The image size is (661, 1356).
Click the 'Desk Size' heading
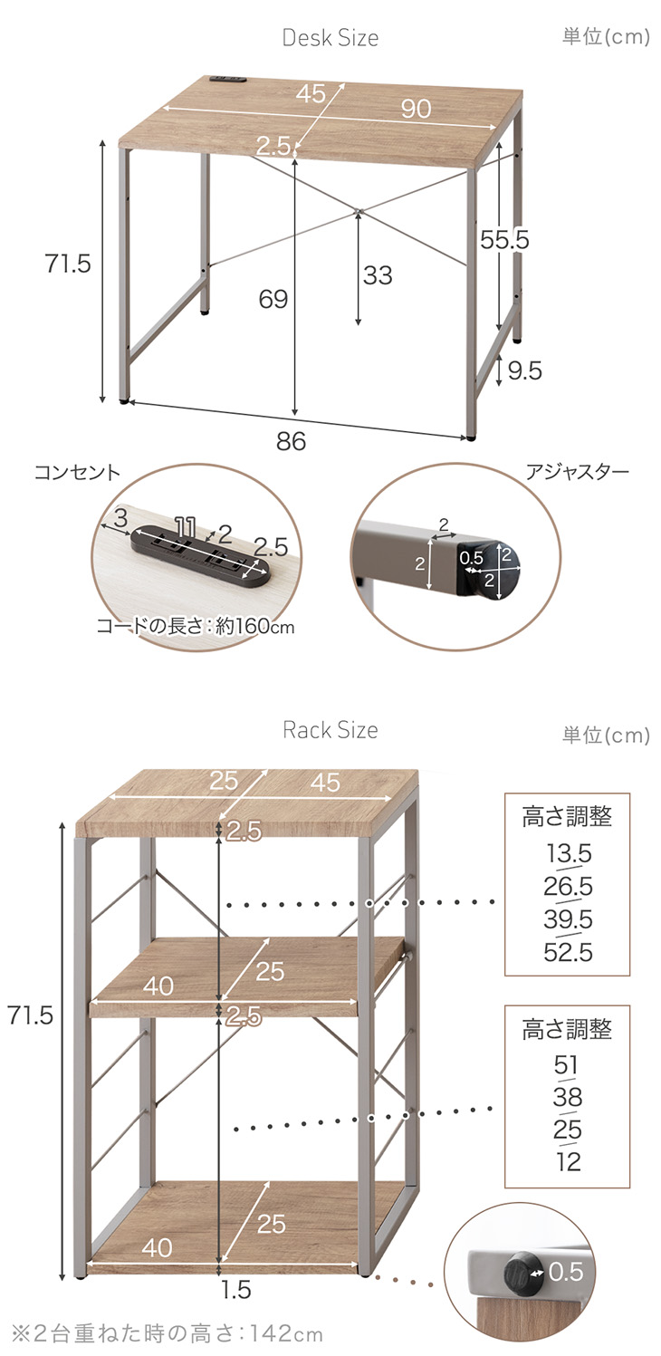(x=330, y=38)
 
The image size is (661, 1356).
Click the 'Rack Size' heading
(x=330, y=730)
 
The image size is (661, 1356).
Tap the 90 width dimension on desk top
(x=416, y=109)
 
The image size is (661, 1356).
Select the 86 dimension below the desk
(x=292, y=441)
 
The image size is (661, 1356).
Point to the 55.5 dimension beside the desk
(x=504, y=240)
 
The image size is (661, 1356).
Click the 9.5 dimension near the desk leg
(x=524, y=371)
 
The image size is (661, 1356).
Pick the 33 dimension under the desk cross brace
(x=378, y=275)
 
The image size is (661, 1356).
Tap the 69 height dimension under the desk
(x=273, y=299)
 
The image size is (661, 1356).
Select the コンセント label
(x=77, y=473)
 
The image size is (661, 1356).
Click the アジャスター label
(x=577, y=473)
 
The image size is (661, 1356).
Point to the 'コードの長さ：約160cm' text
(x=196, y=627)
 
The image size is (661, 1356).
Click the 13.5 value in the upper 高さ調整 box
(x=568, y=853)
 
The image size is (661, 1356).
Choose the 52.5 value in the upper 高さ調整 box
(x=568, y=952)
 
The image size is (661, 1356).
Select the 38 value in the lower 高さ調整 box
(x=568, y=1098)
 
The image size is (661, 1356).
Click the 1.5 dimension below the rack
(x=235, y=1289)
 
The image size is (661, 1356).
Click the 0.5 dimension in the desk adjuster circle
(x=471, y=559)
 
